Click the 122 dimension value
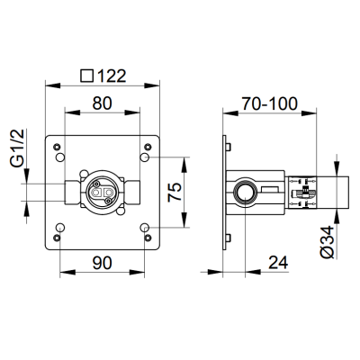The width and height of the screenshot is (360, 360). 111,76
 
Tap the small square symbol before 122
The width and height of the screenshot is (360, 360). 87,76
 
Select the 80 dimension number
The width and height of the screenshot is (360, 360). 102,103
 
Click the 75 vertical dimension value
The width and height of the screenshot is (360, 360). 175,192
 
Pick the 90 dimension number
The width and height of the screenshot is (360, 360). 102,263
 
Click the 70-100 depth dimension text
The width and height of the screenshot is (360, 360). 270,103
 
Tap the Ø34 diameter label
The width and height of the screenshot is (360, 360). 327,242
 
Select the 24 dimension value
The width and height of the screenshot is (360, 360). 278,263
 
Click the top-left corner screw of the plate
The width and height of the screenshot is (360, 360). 57,147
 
